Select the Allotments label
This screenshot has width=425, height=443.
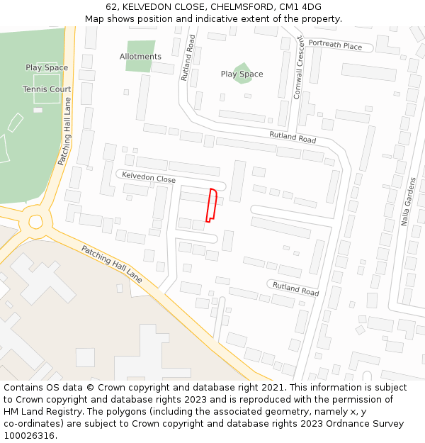[x=140, y=57]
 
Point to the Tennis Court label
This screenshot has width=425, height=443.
[x=47, y=89]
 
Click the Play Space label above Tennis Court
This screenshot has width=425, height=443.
[x=47, y=68]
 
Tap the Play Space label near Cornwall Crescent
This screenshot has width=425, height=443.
[x=242, y=74]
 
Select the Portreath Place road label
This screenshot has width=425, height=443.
[x=335, y=45]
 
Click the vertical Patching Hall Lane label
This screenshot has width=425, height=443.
[x=64, y=131]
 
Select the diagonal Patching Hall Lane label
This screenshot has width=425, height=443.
[x=111, y=264]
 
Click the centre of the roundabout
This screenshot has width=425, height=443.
[x=35, y=222]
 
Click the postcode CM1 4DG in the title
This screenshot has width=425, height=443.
[x=300, y=7]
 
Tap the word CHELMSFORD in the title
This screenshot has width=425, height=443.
[x=242, y=7]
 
